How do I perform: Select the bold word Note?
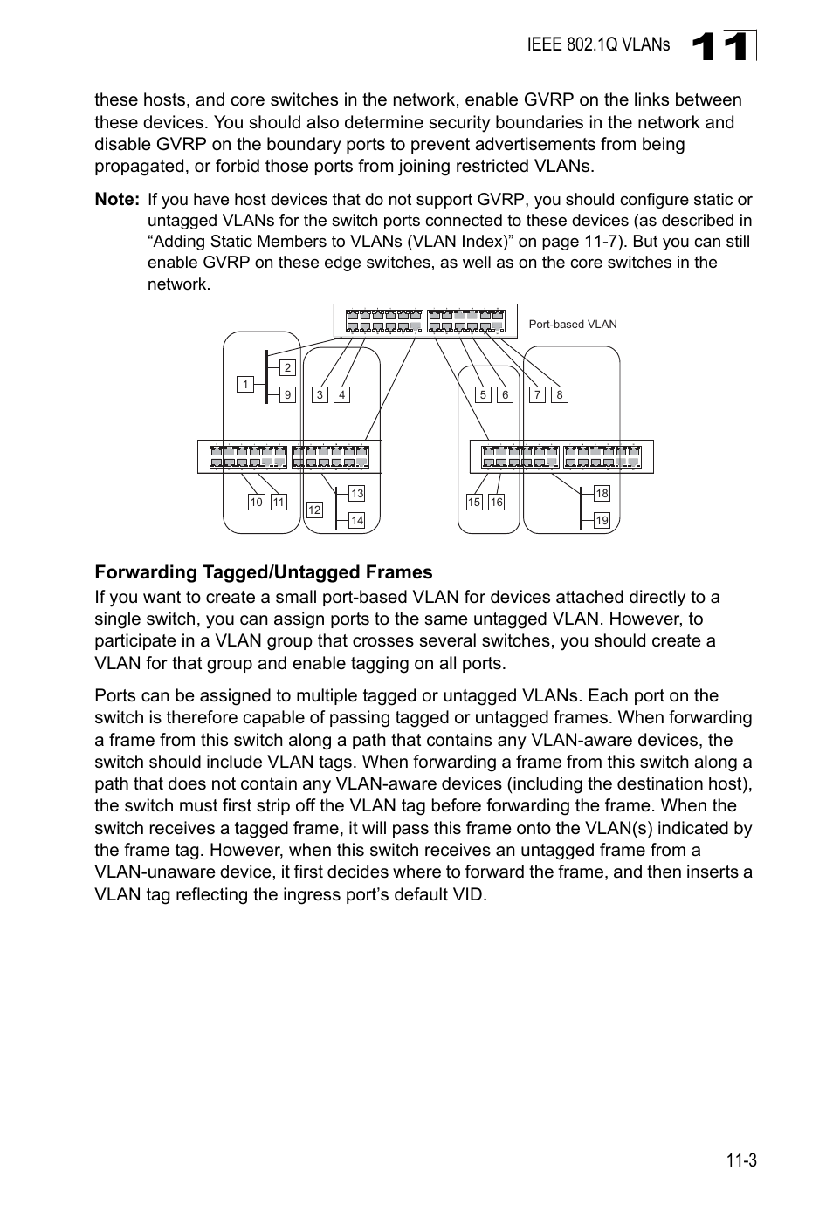117,200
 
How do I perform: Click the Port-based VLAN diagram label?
573,325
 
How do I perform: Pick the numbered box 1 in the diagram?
245,385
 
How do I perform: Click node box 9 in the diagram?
287,395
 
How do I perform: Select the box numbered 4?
342,395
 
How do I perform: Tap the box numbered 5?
483,395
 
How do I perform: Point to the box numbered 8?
560,395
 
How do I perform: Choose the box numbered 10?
257,503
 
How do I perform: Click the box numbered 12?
314,510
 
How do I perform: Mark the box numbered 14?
356,521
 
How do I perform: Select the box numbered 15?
474,503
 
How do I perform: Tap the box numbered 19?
602,521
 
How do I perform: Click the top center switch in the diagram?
425,321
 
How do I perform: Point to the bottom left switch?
290,456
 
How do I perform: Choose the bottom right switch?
561,456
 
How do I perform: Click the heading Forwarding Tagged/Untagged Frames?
264,572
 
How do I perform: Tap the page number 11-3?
740,1160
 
